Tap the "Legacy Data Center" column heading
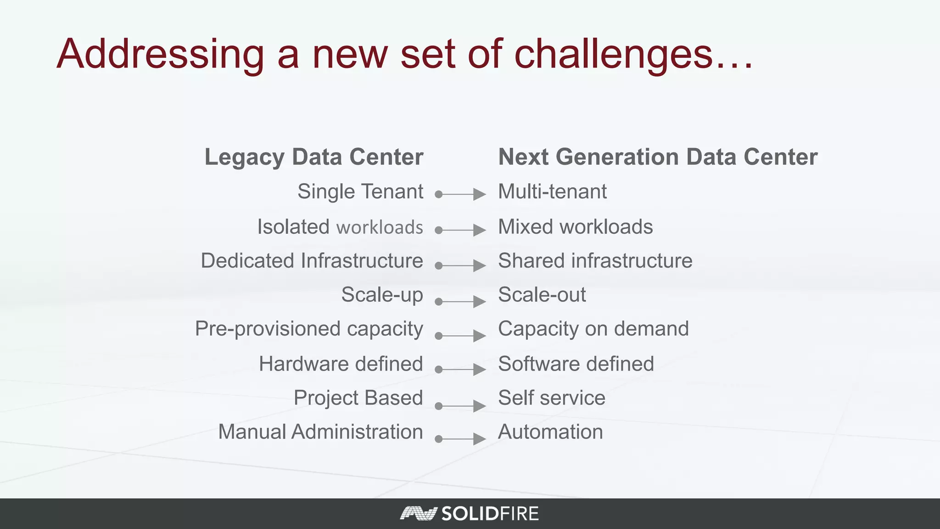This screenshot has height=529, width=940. click(x=314, y=157)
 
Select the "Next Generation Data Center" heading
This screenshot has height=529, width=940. click(x=658, y=157)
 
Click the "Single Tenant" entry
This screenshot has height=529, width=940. click(x=360, y=191)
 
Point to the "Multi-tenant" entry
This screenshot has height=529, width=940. click(x=552, y=191)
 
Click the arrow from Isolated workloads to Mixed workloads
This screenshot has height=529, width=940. click(x=460, y=230)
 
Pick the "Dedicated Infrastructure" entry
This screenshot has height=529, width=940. click(x=312, y=261)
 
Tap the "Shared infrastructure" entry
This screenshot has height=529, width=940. click(x=595, y=261)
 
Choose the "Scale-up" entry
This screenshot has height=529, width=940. click(x=382, y=295)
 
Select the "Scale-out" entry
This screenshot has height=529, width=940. click(x=542, y=295)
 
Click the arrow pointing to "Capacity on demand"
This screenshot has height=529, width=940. click(x=460, y=336)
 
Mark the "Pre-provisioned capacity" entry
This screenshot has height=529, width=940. click(x=309, y=329)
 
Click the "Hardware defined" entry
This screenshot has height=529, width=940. click(x=341, y=364)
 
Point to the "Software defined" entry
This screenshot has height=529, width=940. click(x=576, y=364)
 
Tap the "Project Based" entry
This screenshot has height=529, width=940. click(x=358, y=398)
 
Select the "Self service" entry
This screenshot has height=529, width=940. click(x=551, y=398)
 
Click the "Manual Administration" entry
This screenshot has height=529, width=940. click(x=320, y=432)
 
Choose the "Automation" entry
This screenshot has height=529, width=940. click(x=550, y=432)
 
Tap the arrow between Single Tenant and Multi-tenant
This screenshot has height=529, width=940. click(x=460, y=194)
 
